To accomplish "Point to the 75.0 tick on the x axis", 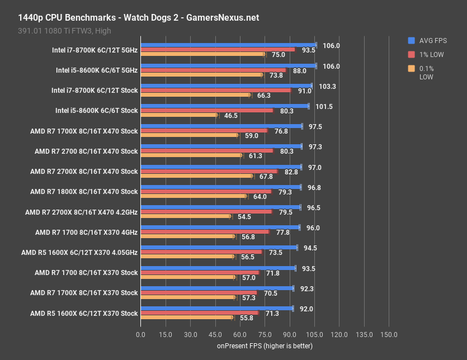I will [x=265, y=334].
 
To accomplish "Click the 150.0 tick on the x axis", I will [x=389, y=334].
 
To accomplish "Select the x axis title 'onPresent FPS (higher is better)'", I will [x=265, y=346].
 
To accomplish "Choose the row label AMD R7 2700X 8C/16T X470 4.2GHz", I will [x=81, y=212].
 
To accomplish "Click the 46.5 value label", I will [x=231, y=116].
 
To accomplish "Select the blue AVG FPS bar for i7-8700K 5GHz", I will [x=228, y=45].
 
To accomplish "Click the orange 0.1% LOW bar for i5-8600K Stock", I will [x=179, y=115].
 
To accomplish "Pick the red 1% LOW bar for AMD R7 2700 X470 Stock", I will [x=206, y=150].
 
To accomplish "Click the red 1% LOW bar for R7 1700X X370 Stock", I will [x=199, y=292].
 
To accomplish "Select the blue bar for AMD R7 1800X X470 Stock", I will [x=220, y=187].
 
